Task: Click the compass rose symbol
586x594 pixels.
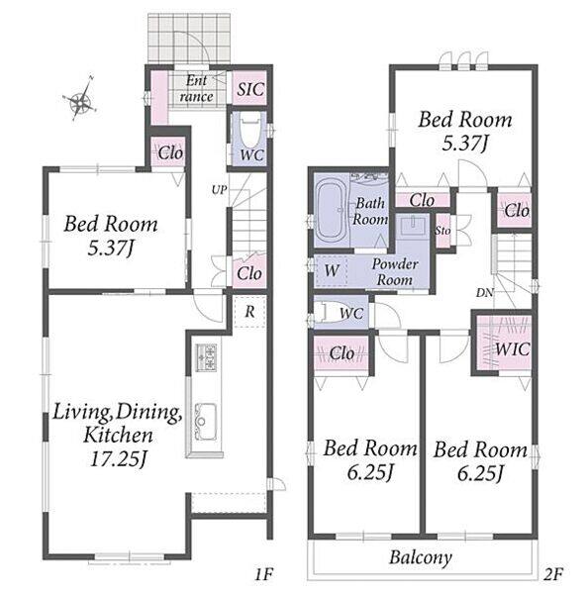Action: (x=81, y=100)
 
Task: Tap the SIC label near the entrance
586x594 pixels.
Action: (x=250, y=89)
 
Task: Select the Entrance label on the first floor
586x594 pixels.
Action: (x=197, y=89)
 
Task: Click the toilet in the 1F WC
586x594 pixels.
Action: (x=250, y=129)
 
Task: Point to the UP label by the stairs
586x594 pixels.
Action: (x=219, y=190)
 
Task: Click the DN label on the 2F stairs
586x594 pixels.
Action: (x=485, y=292)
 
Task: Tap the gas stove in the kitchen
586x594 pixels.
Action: (x=206, y=358)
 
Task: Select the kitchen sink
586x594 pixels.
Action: (x=205, y=422)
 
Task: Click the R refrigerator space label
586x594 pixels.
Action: (x=249, y=312)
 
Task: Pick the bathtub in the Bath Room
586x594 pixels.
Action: (x=331, y=210)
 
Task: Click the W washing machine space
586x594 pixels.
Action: (x=332, y=271)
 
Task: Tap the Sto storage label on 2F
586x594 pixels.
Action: (x=442, y=230)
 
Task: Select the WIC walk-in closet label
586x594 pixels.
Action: (x=512, y=348)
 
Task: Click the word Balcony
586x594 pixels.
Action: (x=421, y=556)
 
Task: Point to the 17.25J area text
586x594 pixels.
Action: (x=118, y=459)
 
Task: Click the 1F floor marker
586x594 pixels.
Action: (x=263, y=574)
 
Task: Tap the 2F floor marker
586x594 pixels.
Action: (x=553, y=574)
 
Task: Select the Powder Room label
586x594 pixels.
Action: (x=395, y=272)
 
